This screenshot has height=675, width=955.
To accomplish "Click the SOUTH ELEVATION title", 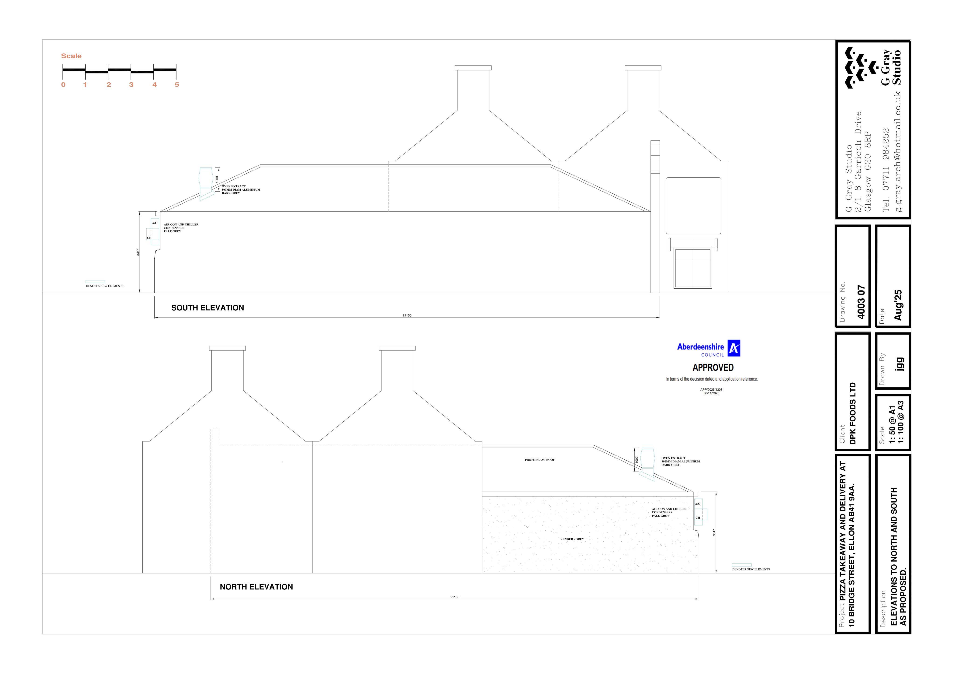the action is coord(208,308).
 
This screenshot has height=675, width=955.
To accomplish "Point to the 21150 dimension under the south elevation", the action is coord(407,315).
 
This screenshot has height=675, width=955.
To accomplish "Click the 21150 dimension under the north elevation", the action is coord(455,597).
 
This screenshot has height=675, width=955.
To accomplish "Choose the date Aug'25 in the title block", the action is coord(898,305).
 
